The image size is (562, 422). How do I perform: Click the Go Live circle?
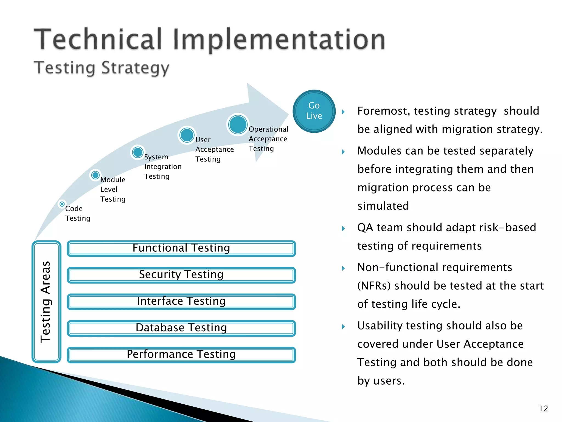tap(314, 111)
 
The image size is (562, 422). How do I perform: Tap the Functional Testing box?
tap(181, 248)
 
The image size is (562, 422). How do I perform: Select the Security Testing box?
tap(181, 275)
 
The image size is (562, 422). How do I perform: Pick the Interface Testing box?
tap(181, 302)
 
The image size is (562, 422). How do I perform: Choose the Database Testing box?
tap(181, 328)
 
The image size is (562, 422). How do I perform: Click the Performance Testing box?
tap(181, 355)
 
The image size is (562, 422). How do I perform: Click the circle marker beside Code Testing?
tap(62, 204)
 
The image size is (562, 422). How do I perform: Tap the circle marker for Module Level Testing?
tap(95, 175)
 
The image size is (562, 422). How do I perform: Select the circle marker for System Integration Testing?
tap(137, 152)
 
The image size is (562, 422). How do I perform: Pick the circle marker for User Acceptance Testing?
tap(187, 135)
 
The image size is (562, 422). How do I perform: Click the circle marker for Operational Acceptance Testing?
tap(238, 124)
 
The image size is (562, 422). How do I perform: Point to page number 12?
tap(543, 409)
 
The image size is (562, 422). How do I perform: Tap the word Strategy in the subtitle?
tap(135, 68)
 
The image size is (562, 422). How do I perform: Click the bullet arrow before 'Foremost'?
tap(343, 112)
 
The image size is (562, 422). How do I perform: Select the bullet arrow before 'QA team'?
tap(343, 228)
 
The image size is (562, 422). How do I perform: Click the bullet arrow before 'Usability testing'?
tap(343, 326)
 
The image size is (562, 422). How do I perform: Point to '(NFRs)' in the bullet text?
tap(374, 286)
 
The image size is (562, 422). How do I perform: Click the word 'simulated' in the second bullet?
tap(383, 206)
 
